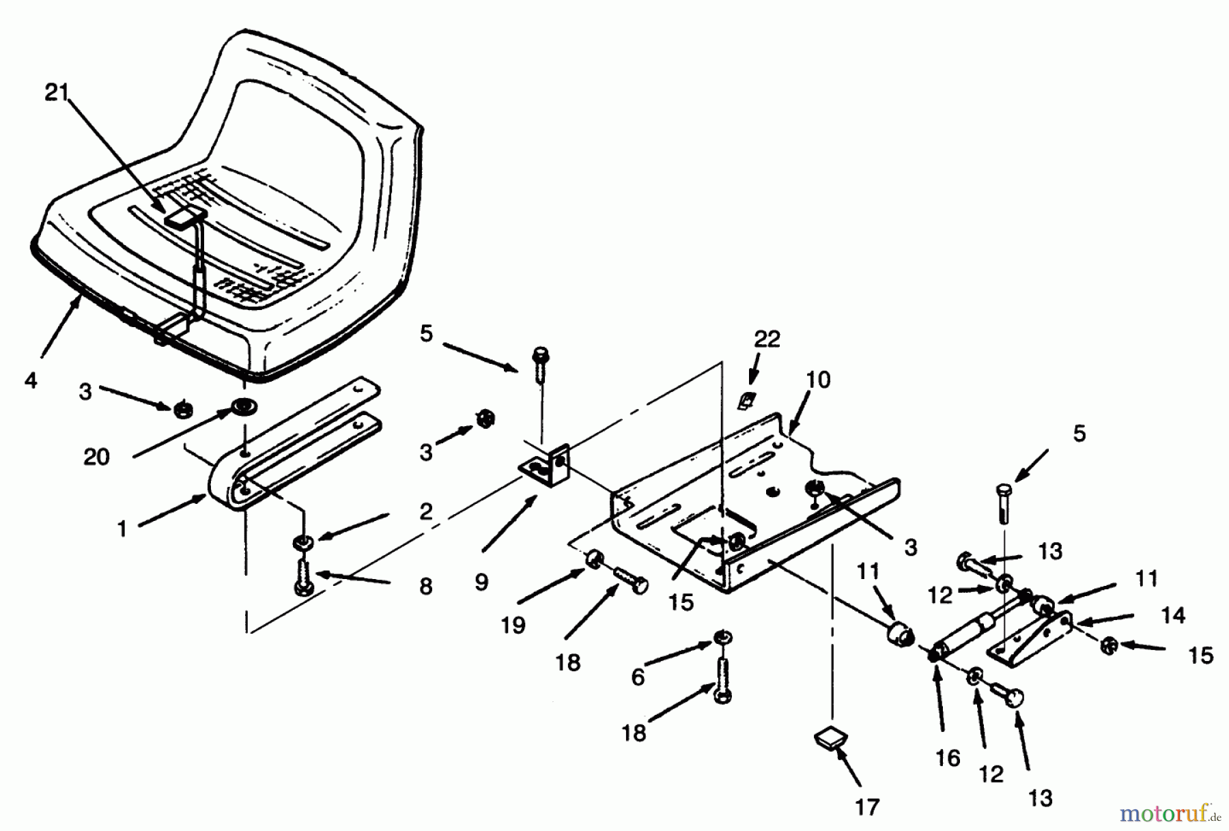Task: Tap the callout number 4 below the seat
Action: click(31, 380)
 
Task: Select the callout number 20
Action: click(96, 457)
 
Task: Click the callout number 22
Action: click(767, 339)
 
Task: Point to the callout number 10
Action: click(819, 380)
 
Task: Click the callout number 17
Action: click(867, 807)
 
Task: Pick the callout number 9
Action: click(481, 582)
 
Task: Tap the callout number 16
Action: click(948, 757)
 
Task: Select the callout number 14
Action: click(1173, 615)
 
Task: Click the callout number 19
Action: click(513, 625)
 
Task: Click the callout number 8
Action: click(426, 586)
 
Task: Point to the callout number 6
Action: click(638, 677)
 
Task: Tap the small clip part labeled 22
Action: click(746, 401)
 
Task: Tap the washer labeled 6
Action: click(722, 638)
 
